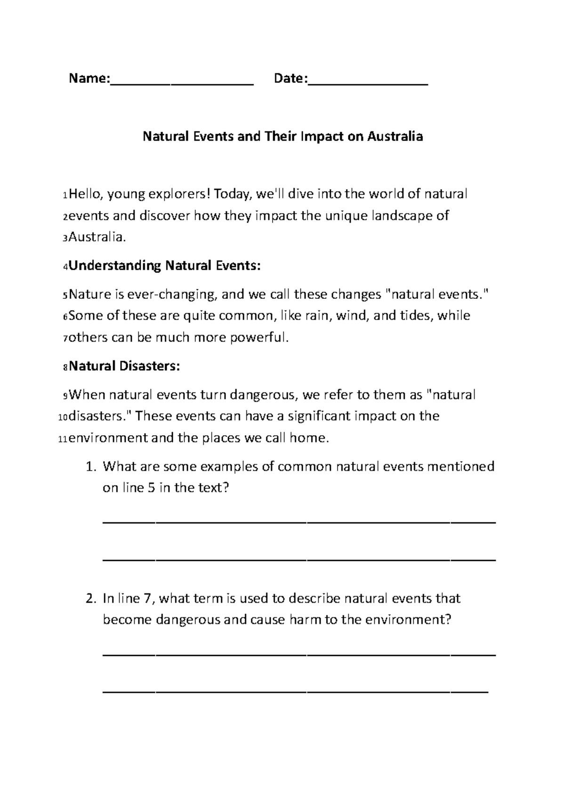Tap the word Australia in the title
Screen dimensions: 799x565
coord(395,137)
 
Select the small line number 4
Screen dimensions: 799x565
coord(65,267)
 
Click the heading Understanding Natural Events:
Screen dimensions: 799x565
coord(164,266)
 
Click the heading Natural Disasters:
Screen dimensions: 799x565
coord(124,366)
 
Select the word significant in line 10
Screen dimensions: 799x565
coord(319,416)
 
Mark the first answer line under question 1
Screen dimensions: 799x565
coord(299,522)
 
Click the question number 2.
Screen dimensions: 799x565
coord(91,599)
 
